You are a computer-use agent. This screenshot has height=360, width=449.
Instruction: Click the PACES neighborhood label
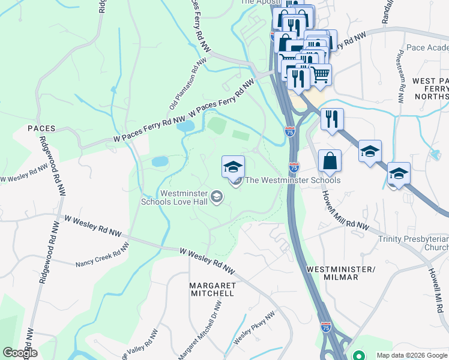click(41, 128)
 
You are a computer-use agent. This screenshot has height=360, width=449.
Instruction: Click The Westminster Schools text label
click(293, 180)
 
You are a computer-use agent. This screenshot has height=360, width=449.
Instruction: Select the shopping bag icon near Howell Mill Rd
click(330, 161)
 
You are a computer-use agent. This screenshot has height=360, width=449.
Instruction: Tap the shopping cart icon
click(321, 74)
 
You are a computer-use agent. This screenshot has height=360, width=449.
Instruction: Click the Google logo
click(20, 353)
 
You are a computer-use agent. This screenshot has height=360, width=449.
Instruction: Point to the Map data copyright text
click(411, 355)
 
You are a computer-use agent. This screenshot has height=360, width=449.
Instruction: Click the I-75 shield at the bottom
click(325, 327)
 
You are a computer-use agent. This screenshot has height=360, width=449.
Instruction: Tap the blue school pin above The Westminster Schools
click(233, 167)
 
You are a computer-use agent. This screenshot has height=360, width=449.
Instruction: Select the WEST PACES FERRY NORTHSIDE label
click(423, 88)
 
